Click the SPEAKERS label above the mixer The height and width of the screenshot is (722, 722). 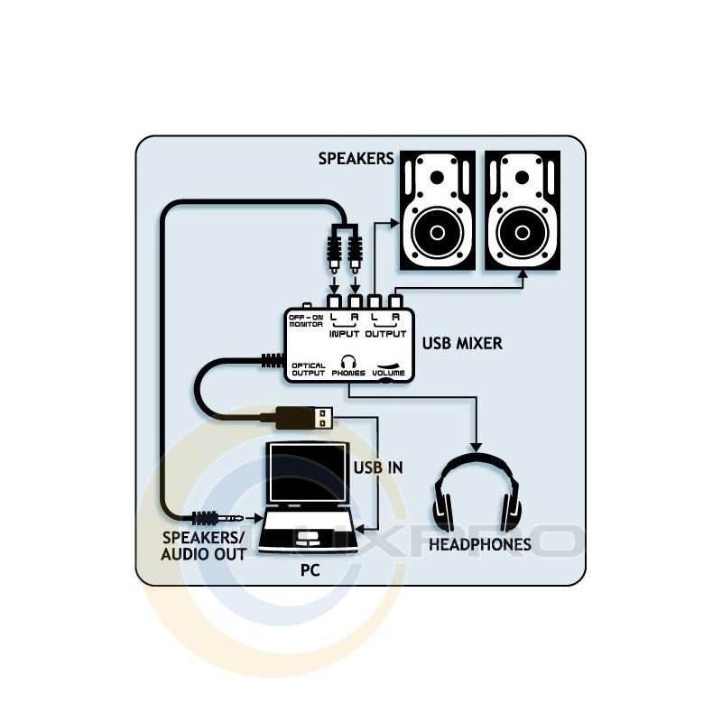(x=356, y=159)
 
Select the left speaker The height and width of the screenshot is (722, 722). (x=437, y=210)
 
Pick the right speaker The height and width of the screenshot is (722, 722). (x=524, y=210)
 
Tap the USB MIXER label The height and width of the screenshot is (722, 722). (x=462, y=344)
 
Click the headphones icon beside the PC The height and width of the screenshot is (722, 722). (x=475, y=493)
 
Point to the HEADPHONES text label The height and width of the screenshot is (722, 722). (x=479, y=545)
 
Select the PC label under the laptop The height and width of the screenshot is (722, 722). (x=310, y=571)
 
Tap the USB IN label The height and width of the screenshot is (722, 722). (x=377, y=468)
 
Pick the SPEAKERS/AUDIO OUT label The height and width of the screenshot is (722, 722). (x=203, y=545)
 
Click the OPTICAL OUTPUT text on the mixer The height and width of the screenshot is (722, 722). (x=308, y=369)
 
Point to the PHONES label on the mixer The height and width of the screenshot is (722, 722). (x=348, y=372)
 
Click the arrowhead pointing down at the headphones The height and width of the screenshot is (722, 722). (x=476, y=446)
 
